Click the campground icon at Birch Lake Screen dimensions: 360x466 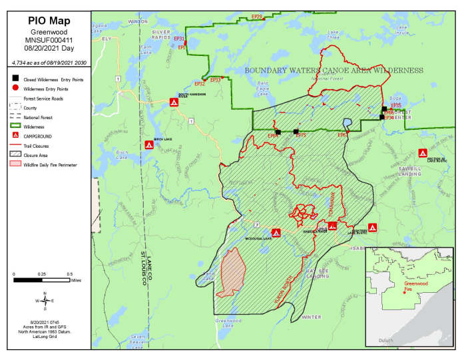click(149, 144)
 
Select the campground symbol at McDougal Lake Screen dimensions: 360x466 click(276, 233)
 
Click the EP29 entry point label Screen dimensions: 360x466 click(257, 16)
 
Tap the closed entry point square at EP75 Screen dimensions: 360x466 click(296, 132)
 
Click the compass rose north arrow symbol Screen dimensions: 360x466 click(45, 301)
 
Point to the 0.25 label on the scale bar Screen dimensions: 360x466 click(42, 273)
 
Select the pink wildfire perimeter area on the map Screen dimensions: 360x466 click(231, 273)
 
